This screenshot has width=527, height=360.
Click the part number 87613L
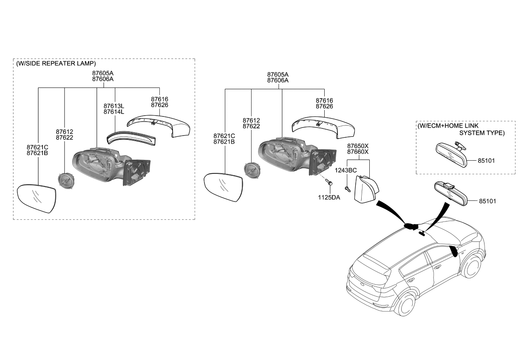click(x=113, y=106)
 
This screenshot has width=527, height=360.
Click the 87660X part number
click(x=358, y=152)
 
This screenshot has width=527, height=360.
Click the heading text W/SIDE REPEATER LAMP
click(x=56, y=63)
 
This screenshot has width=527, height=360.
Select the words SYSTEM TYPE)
click(x=482, y=133)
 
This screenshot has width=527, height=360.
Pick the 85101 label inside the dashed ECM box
click(x=486, y=161)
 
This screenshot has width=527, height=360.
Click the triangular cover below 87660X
click(x=365, y=191)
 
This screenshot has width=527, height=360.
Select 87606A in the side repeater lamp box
click(x=103, y=79)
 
